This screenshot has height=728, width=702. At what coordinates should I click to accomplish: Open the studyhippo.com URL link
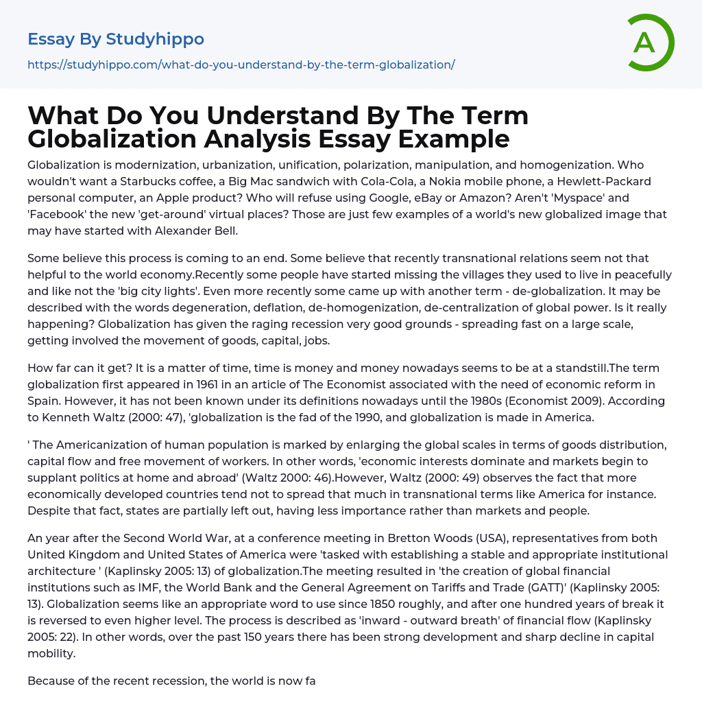(241, 64)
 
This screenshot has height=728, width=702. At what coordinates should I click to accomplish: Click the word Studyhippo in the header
(155, 39)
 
